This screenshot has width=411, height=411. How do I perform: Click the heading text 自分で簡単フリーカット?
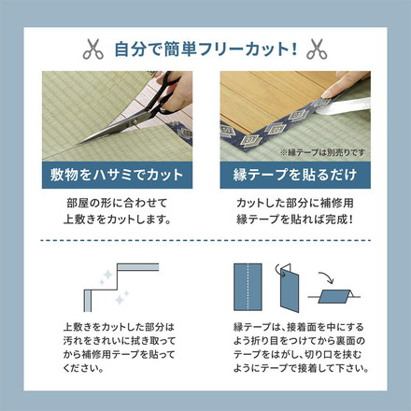click(205, 47)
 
